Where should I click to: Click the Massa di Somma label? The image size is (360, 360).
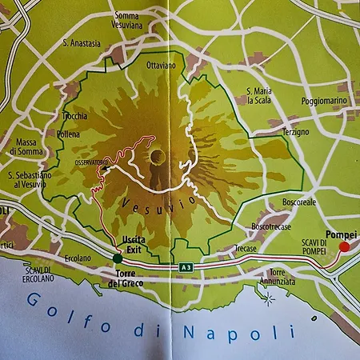(26, 147)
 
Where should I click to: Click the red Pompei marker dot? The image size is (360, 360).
(345, 247)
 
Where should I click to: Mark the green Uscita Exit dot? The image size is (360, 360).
(118, 258)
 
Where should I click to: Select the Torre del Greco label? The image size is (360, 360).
(122, 279)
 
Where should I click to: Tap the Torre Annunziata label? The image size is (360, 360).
(278, 278)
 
